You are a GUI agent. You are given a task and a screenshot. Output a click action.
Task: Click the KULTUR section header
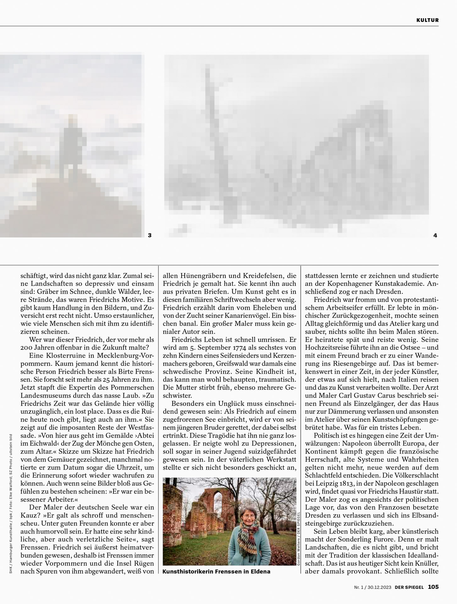(x=427, y=20)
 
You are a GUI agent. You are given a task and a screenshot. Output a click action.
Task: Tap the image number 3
(x=150, y=235)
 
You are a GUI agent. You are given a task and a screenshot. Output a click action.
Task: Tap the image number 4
(x=435, y=235)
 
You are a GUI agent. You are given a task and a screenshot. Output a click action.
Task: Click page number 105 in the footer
(x=433, y=587)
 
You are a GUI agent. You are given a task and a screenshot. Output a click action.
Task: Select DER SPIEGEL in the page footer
(x=409, y=587)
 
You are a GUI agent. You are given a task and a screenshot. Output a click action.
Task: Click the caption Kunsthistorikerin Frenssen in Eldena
(x=216, y=571)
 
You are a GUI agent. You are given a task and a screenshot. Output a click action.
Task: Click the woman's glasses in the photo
(x=247, y=516)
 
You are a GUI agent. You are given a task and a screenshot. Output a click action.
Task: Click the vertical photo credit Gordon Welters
(x=298, y=550)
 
